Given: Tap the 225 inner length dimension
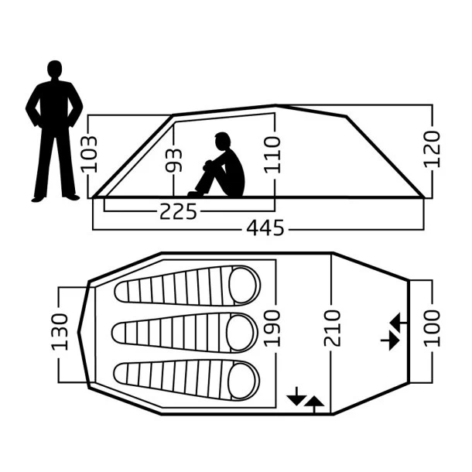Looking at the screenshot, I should (x=178, y=211).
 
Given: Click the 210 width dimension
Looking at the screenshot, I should (x=332, y=330).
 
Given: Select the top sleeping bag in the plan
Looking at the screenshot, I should (x=187, y=286).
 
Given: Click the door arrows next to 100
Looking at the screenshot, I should (x=391, y=330).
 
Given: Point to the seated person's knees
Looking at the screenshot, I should (x=209, y=166).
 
